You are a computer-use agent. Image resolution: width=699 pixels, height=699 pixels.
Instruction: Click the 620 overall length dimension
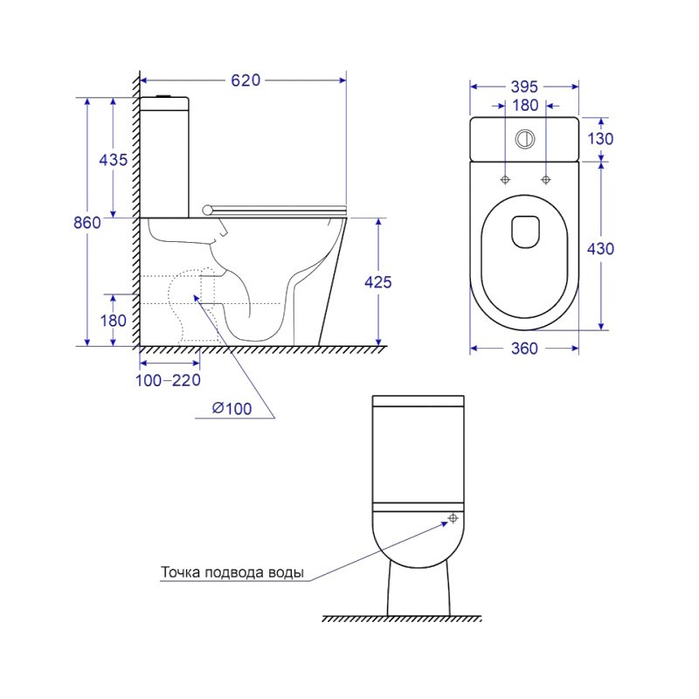pos(246,80)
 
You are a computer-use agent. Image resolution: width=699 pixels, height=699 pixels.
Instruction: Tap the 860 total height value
pos(87,222)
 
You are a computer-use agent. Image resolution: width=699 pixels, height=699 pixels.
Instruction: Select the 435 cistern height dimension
pos(114,160)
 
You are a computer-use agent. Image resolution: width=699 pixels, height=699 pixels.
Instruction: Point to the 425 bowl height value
pos(378,282)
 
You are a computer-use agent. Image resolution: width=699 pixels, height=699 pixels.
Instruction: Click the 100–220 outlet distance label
pos(168,380)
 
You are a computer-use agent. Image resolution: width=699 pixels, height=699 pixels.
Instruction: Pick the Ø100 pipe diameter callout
pos(232,408)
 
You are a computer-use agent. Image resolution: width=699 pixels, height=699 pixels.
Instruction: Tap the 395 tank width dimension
pos(524,87)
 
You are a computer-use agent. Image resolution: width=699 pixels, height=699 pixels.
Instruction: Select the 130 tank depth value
pos(600,139)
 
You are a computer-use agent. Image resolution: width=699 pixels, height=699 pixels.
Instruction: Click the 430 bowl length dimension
pos(600,249)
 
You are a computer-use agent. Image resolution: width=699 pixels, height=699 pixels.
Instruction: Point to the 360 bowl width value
pos(524,348)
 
